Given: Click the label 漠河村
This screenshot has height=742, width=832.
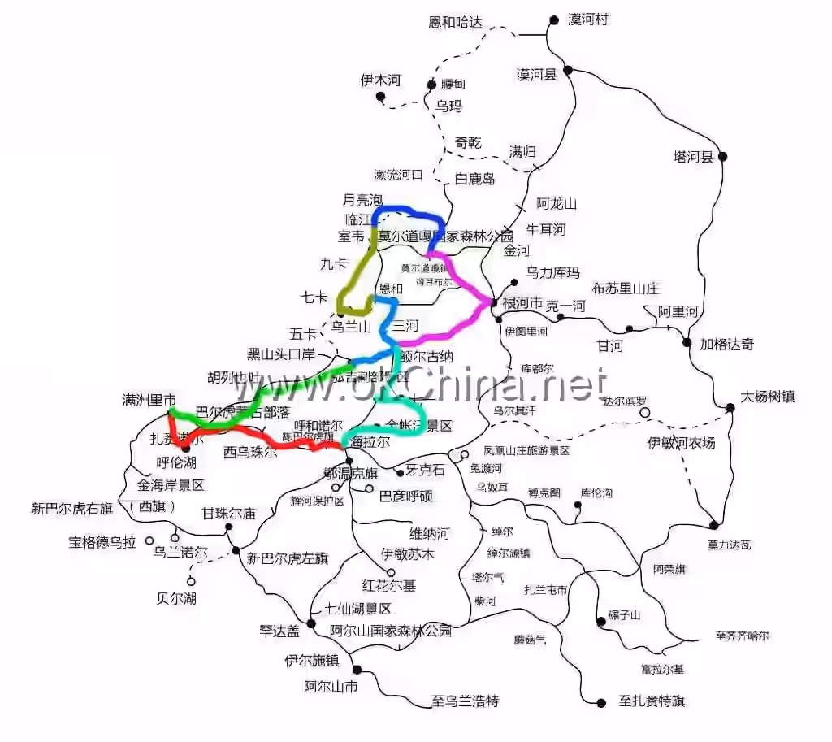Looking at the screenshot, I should [x=589, y=20].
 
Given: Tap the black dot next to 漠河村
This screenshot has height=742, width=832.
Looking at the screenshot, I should [x=554, y=20].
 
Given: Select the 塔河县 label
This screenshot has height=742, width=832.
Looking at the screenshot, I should [x=693, y=156].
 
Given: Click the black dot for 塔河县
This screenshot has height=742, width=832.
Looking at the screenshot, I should [x=722, y=156].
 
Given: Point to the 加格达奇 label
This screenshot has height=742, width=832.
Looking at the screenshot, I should [x=727, y=344].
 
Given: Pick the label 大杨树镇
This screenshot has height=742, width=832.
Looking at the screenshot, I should [x=768, y=397].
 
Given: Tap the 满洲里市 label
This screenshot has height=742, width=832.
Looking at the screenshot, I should [x=149, y=400].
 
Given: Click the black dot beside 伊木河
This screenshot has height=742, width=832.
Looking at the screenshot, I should [x=380, y=97].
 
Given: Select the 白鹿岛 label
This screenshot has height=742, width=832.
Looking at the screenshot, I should [x=475, y=179].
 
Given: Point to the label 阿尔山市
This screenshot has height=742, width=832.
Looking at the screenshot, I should [x=331, y=687].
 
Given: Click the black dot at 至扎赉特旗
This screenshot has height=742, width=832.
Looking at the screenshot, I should [x=602, y=702].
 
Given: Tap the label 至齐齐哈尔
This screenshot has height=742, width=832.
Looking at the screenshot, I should [x=742, y=636].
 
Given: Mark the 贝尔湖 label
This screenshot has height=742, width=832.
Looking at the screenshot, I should [x=176, y=599].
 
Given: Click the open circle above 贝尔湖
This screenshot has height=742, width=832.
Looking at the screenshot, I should [x=191, y=581].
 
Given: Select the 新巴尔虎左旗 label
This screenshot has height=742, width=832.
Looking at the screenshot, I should [x=288, y=558].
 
